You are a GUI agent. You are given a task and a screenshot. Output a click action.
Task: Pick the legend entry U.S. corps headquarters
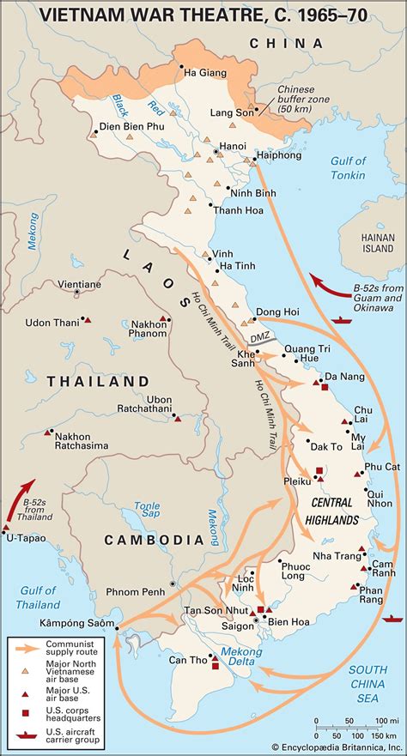(x=72, y=710)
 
